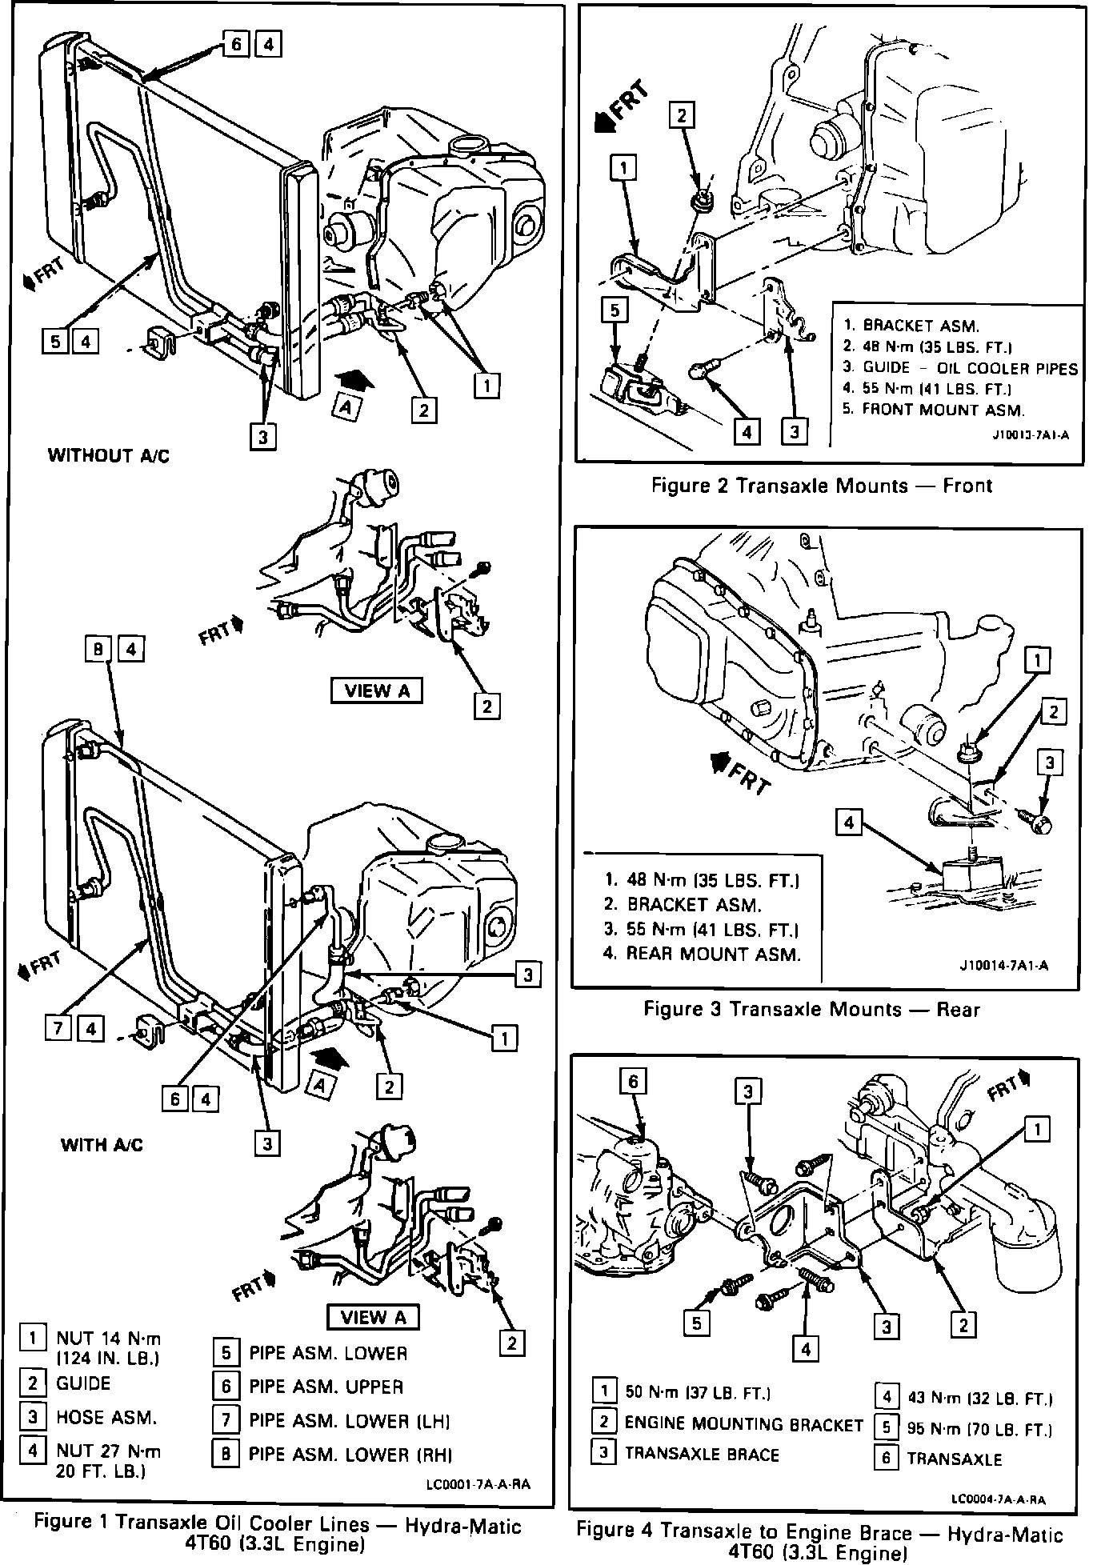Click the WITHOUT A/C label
109,456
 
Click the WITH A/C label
102,1145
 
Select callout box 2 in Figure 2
682,115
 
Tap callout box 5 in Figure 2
614,310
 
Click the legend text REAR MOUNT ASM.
713,954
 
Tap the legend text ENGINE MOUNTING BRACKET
743,1424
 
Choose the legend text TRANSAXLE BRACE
701,1454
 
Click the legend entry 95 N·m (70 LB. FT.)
979,1428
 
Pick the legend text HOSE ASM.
106,1417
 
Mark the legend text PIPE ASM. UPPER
326,1387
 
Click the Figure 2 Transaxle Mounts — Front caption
822,486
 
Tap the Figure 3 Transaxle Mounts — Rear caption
811,1009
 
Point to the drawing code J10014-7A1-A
1003,966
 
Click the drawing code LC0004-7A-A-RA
999,1499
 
